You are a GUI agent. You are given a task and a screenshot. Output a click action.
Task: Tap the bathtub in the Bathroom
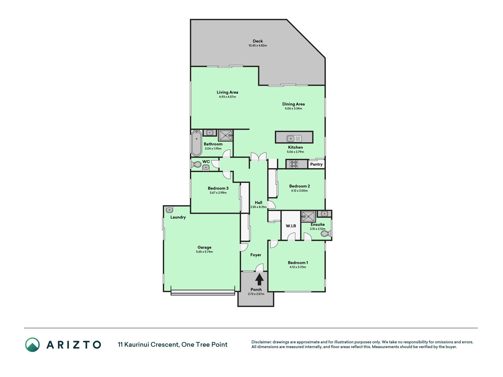click(x=197, y=143)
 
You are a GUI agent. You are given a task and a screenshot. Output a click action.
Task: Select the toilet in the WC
click(x=196, y=165)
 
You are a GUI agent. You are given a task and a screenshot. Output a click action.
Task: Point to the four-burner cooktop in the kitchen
click(x=294, y=164)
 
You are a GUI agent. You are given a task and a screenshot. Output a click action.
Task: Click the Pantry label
click(x=316, y=164)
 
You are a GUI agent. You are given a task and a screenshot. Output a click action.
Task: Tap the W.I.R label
click(x=291, y=226)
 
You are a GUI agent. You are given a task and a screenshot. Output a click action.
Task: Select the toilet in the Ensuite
click(x=326, y=234)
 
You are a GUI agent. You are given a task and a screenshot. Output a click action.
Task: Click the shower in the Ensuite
click(x=309, y=217)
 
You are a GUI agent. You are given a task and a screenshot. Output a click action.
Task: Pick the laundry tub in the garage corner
click(x=169, y=210)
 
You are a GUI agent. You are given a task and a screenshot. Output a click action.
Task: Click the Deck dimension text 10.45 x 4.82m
click(x=258, y=46)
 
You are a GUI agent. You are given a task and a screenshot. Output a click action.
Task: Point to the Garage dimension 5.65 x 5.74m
click(x=205, y=252)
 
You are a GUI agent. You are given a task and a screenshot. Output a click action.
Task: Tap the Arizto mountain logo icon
click(x=32, y=345)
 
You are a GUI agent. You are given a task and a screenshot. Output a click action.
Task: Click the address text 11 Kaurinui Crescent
click(x=149, y=345)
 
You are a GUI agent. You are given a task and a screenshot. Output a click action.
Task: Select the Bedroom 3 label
click(x=218, y=188)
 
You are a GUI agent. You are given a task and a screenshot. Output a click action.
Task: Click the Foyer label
click(x=256, y=255)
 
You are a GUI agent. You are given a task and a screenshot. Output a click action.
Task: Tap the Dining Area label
click(x=293, y=104)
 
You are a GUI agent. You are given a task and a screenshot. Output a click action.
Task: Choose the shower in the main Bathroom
click(x=226, y=135)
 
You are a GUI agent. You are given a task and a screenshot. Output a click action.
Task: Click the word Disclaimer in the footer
click(x=261, y=342)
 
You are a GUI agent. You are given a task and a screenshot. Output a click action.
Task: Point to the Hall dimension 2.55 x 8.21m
click(x=258, y=207)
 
